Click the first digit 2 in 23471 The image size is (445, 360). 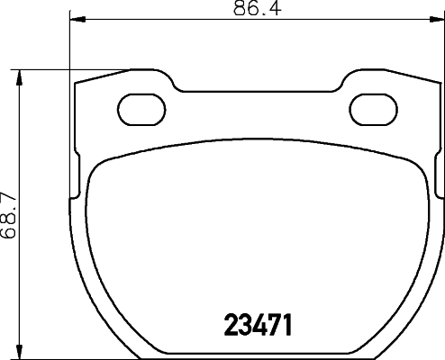coord(230,322)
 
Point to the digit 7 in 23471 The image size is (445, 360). coord(275,322)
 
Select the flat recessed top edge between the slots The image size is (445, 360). coord(260,90)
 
